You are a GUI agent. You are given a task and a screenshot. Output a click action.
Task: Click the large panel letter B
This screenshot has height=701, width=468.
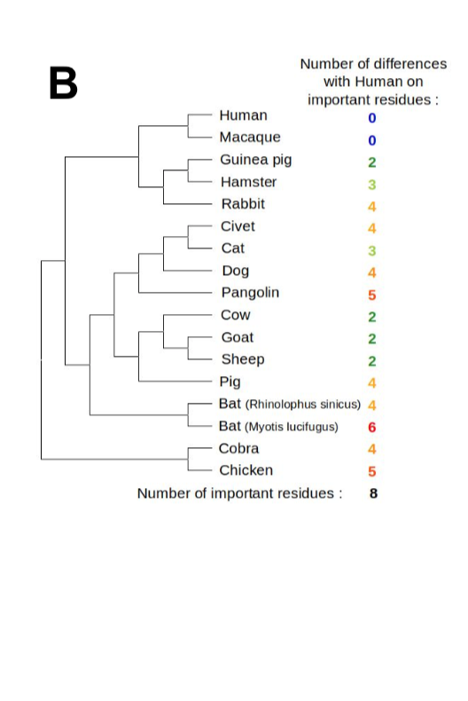click(x=63, y=83)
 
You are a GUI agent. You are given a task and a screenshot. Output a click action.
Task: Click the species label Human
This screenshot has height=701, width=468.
click(x=243, y=115)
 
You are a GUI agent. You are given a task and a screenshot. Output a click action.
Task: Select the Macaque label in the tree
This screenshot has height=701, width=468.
click(x=250, y=138)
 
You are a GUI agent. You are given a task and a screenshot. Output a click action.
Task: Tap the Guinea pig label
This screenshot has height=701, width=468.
click(x=255, y=160)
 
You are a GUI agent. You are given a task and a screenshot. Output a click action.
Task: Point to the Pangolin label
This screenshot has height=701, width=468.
click(x=250, y=293)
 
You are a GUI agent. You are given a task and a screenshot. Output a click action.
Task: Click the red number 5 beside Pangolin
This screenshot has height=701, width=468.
click(x=372, y=295)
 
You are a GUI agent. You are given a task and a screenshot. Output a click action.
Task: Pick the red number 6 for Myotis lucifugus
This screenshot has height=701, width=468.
click(x=372, y=427)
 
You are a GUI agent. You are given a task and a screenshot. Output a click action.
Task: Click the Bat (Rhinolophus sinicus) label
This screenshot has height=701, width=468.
click(x=289, y=405)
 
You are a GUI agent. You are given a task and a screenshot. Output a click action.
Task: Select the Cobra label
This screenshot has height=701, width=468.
click(x=239, y=449)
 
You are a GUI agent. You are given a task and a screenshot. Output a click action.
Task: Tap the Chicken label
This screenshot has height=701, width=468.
click(x=246, y=470)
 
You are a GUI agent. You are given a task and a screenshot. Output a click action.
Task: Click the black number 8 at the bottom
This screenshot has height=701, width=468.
click(x=373, y=493)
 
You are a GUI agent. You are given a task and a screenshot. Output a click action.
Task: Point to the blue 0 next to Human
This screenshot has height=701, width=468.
click(x=372, y=118)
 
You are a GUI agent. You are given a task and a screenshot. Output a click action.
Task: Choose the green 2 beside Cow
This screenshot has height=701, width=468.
click(x=372, y=317)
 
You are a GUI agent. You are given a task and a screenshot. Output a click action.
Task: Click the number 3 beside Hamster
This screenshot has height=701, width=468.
click(x=372, y=185)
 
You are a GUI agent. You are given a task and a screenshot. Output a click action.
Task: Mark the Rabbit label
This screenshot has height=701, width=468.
click(x=243, y=204)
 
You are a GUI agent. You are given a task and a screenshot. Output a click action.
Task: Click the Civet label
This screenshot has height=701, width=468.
click(x=238, y=226)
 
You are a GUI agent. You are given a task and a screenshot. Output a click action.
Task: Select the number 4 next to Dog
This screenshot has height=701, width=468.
click(x=372, y=272)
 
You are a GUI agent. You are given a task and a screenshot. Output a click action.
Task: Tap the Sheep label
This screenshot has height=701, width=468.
click(x=243, y=359)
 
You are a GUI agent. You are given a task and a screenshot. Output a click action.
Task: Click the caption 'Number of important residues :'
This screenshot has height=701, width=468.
click(x=239, y=493)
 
